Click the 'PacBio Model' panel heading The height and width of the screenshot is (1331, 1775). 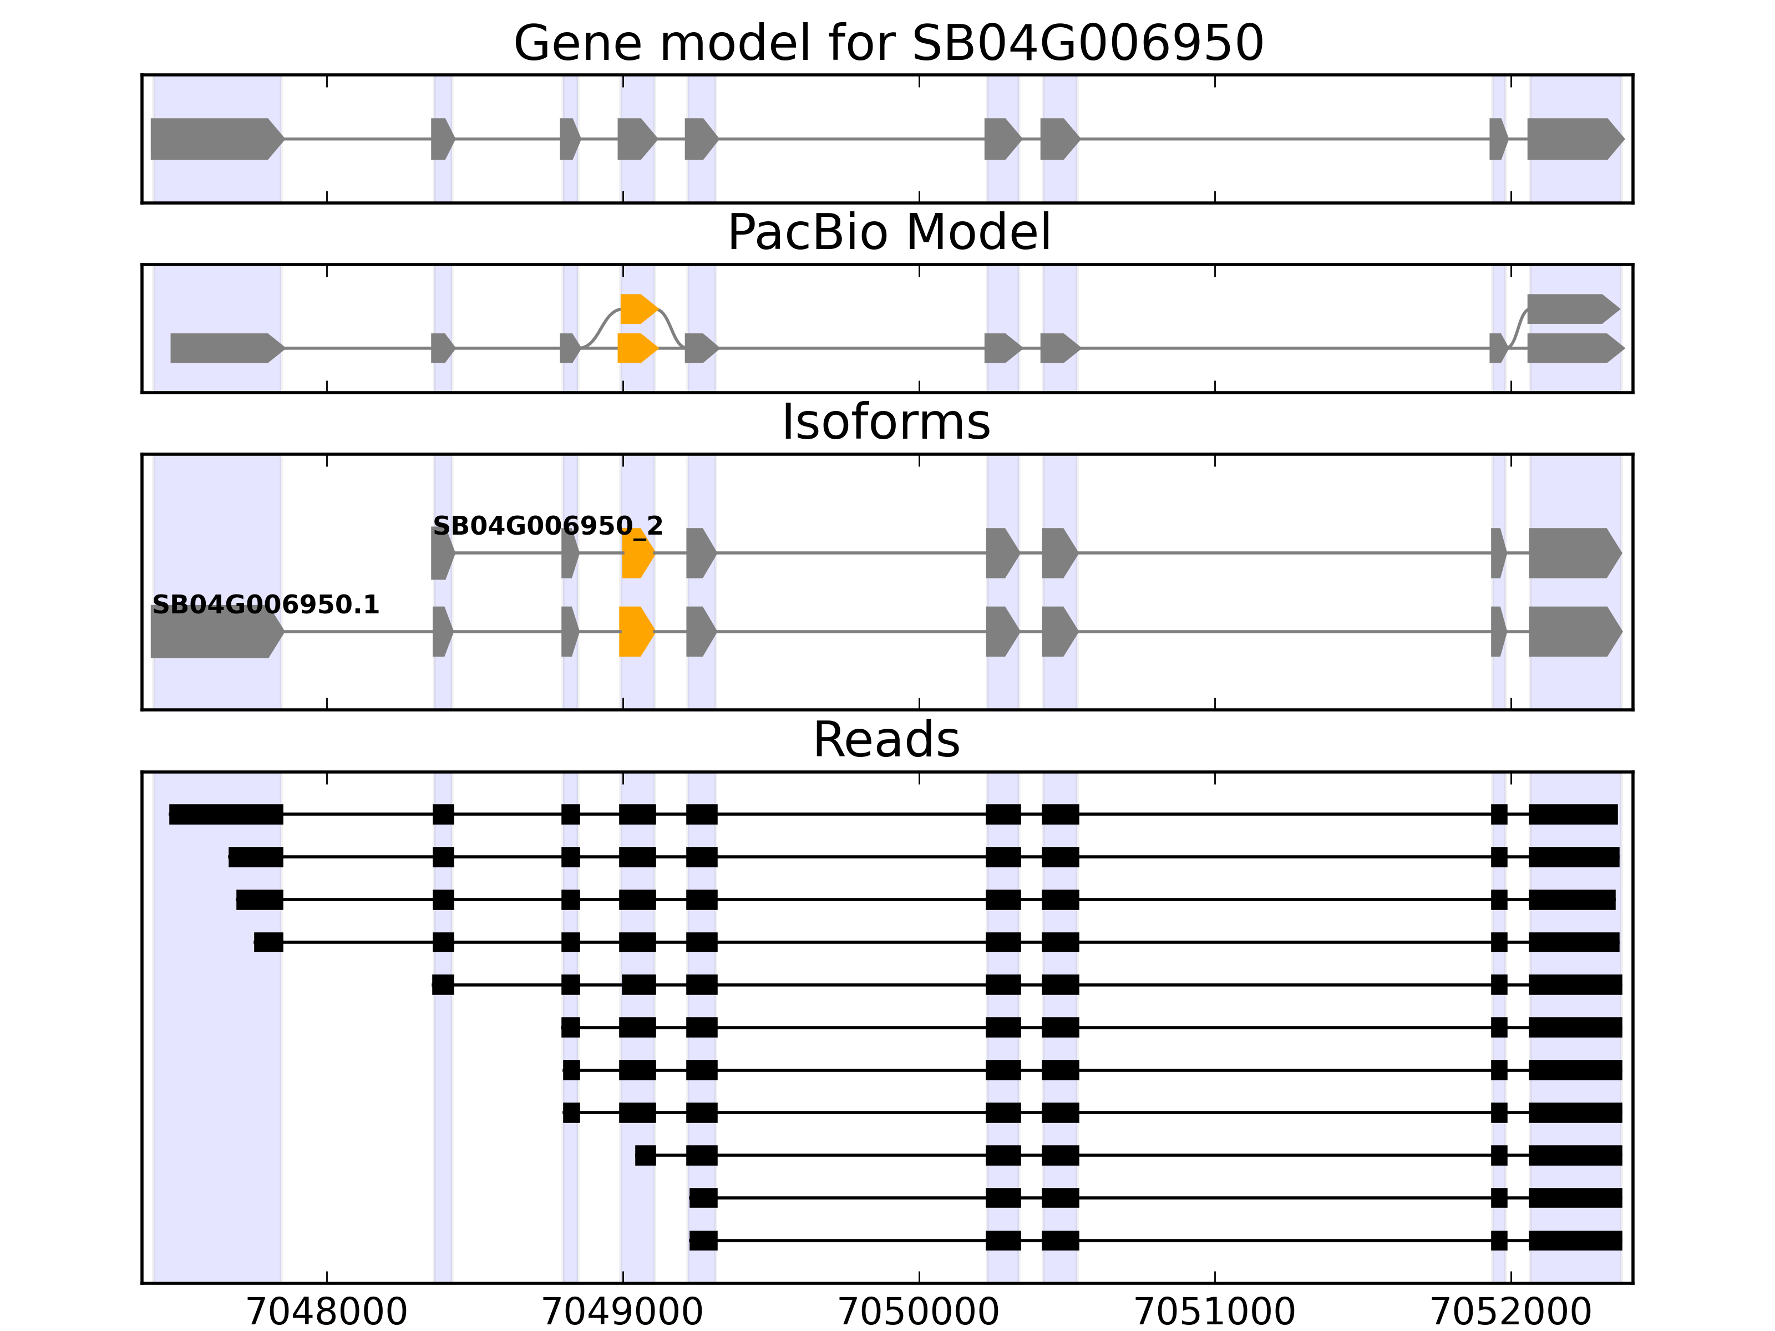click(x=887, y=233)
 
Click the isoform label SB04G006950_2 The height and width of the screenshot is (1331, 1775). click(x=547, y=526)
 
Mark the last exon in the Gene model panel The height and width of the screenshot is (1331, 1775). click(x=1573, y=139)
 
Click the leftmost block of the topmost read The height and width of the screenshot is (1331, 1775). click(x=226, y=814)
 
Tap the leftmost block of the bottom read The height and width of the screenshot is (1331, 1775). click(x=703, y=1241)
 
